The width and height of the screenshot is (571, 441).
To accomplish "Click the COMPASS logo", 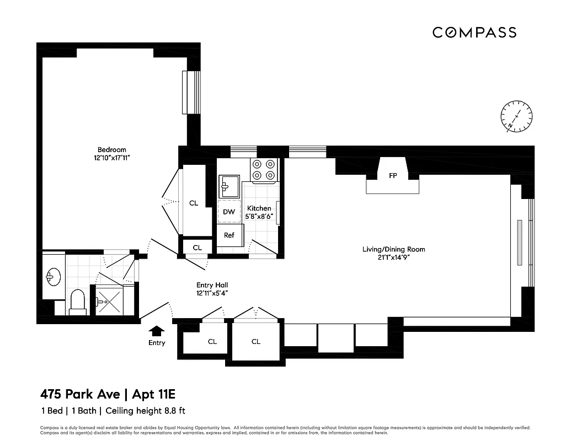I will (474, 33).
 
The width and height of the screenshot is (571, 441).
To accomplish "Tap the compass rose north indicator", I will (516, 117).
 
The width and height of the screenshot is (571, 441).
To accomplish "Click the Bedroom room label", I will (112, 149).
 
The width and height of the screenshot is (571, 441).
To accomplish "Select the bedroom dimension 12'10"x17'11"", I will (112, 158).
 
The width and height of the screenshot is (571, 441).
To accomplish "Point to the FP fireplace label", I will (393, 176).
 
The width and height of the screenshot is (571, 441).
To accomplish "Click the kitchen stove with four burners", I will (263, 170).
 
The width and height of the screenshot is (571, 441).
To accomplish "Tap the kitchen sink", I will (229, 186).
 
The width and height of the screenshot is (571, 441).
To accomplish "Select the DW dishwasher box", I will (229, 212).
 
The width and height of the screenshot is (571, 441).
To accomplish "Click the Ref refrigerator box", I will (229, 235).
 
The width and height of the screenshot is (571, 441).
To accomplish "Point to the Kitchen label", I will (259, 208).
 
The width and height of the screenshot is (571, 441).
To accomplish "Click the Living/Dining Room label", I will (393, 249).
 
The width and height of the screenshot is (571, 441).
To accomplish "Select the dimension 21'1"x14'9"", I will (393, 257).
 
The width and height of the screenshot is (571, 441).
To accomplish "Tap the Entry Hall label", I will (212, 285).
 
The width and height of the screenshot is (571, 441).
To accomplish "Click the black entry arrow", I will (157, 330).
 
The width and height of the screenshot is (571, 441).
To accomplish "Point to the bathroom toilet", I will (78, 302).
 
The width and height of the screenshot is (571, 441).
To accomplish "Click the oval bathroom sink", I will (54, 277).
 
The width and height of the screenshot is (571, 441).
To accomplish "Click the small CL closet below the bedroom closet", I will (197, 248).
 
